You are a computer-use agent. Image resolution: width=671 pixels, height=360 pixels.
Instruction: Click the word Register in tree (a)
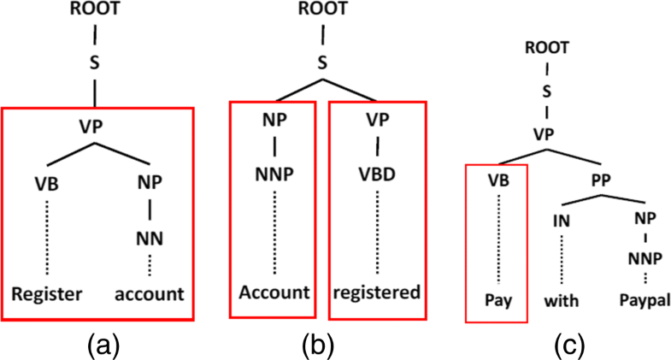point(46,296)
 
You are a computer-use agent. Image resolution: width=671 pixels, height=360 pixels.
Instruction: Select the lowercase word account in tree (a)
point(150,296)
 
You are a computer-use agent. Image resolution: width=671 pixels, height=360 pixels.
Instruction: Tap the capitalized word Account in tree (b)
point(273,292)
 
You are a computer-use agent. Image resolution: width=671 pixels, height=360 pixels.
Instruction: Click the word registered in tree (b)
point(377,292)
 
